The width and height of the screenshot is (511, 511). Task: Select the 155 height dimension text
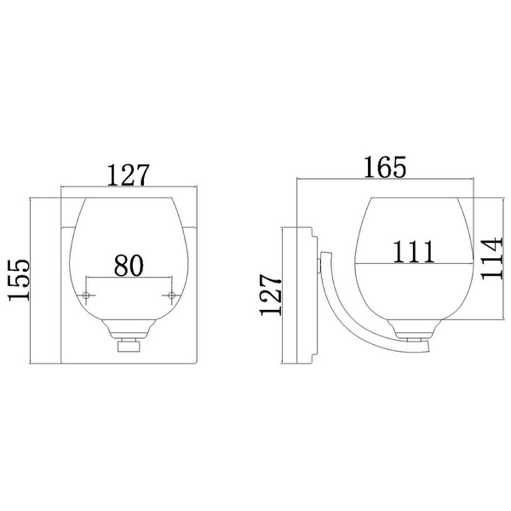coord(19,281)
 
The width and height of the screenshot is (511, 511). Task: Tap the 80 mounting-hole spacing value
coord(128,265)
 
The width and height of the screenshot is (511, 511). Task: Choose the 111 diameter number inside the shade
coord(414,251)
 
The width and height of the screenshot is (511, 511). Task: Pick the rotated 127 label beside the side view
coord(270,294)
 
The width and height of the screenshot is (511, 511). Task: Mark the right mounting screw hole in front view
coord(171,296)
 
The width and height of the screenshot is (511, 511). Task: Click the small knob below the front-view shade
coord(129,347)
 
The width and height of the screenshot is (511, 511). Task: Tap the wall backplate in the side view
coord(297,294)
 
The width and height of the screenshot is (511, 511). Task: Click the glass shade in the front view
coord(129,247)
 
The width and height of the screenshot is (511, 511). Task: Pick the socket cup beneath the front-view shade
coord(129,330)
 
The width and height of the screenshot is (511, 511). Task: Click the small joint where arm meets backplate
coord(319,263)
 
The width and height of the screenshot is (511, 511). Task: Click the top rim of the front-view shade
coord(129,200)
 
